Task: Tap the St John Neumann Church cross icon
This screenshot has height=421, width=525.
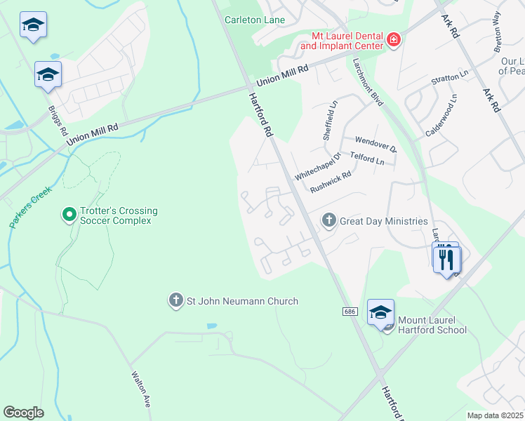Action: (x=175, y=301)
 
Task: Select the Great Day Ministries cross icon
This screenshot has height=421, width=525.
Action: (x=328, y=221)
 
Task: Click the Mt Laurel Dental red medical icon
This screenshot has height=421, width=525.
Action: (x=394, y=39)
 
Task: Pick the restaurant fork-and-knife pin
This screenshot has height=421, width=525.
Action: (x=447, y=260)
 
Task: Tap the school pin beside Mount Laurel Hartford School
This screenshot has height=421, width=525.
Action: (x=380, y=313)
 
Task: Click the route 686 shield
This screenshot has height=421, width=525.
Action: (x=349, y=310)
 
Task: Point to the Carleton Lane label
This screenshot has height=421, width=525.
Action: (x=255, y=20)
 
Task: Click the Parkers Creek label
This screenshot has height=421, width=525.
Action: (x=31, y=206)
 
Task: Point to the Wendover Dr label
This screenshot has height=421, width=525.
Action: (x=376, y=145)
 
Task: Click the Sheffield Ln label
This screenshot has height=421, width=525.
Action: (x=330, y=120)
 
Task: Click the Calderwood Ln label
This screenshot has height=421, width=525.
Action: (x=441, y=117)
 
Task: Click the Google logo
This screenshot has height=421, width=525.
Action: (x=23, y=412)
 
